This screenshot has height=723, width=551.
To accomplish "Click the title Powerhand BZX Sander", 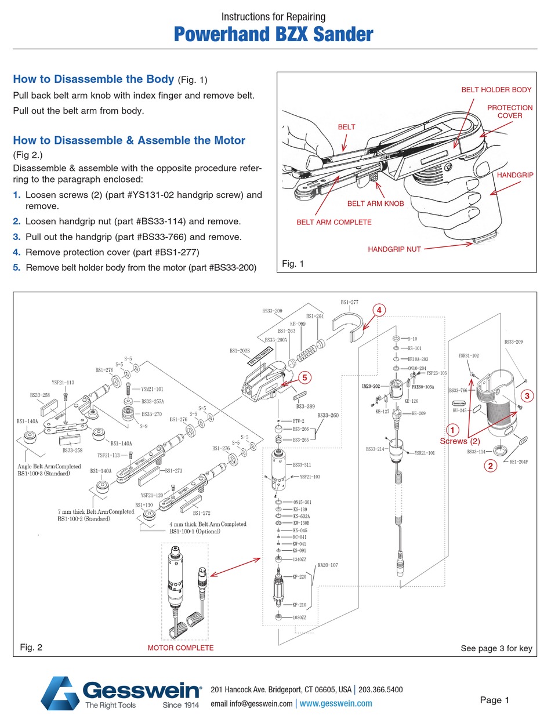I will pos(274,34).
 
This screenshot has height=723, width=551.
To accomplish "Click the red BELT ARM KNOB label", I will pos(375,204).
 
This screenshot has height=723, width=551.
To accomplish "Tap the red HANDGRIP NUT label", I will pos(394,249).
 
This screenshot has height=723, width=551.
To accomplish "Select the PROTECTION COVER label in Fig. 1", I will pos(509,111).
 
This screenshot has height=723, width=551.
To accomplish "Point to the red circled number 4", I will pos(378,310).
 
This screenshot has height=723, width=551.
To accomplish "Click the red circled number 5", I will pos(303,376).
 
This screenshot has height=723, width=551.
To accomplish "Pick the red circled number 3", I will pos(526,395).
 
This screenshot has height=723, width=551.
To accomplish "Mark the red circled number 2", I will pos(490,465).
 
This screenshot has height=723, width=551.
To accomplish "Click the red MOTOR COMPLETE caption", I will pos(180,648).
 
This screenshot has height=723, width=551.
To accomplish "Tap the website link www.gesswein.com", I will pos(336,703).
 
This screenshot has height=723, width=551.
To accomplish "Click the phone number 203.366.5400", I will pos(380,690).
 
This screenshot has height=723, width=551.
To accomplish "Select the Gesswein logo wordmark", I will pos(141,690).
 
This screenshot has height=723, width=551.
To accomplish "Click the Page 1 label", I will pos(494,700).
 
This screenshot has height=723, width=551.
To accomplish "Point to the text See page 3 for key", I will pos(496,648).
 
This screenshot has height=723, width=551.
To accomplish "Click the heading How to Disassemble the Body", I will pos(93,79).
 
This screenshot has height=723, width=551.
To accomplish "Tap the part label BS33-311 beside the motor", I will pos(302,465).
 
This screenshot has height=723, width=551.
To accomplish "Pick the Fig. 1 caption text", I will pos(293,264).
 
